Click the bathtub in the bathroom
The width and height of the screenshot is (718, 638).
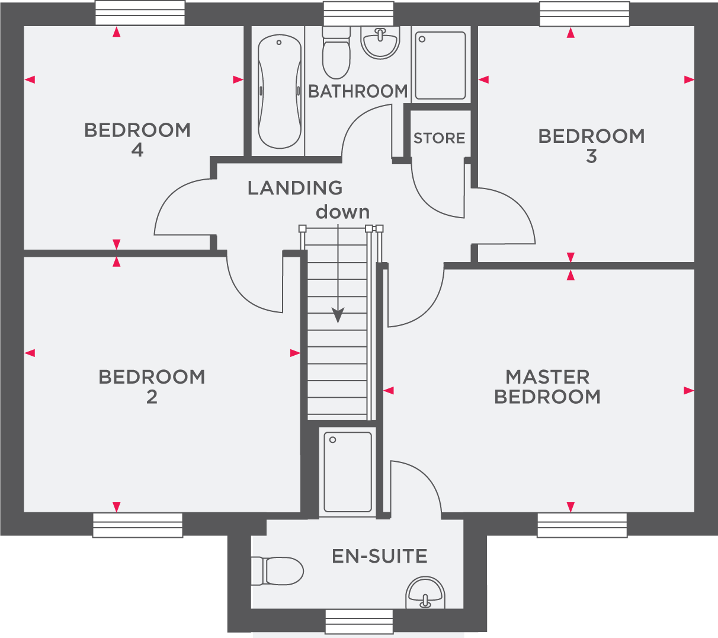pyautogui.click(x=280, y=91)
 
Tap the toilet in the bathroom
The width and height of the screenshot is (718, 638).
pyautogui.click(x=336, y=53)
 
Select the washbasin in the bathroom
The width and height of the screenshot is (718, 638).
pyautogui.click(x=380, y=43)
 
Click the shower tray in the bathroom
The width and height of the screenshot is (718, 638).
pyautogui.click(x=440, y=65)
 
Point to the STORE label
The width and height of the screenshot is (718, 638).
pyautogui.click(x=439, y=138)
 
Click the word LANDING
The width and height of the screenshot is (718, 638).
pyautogui.click(x=295, y=188)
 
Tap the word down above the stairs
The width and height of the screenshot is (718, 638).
pyautogui.click(x=342, y=212)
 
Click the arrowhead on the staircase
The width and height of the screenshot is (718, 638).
pyautogui.click(x=338, y=315)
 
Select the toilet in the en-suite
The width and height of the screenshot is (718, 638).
pyautogui.click(x=277, y=570)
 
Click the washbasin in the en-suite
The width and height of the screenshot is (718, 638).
pyautogui.click(x=425, y=592)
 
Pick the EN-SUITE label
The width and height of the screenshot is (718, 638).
pyautogui.click(x=380, y=556)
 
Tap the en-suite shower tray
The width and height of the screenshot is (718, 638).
pyautogui.click(x=348, y=471)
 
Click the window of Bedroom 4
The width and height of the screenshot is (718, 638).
pyautogui.click(x=140, y=13)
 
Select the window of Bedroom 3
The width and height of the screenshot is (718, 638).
pyautogui.click(x=584, y=14)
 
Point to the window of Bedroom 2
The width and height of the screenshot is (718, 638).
pyautogui.click(x=138, y=525)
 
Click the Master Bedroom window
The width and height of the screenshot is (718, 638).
pyautogui.click(x=582, y=525)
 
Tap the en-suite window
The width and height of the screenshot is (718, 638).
pyautogui.click(x=359, y=621)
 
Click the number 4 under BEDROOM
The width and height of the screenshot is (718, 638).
pyautogui.click(x=137, y=150)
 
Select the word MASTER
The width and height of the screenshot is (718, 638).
pyautogui.click(x=547, y=377)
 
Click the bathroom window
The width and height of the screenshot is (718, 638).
pyautogui.click(x=358, y=14)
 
